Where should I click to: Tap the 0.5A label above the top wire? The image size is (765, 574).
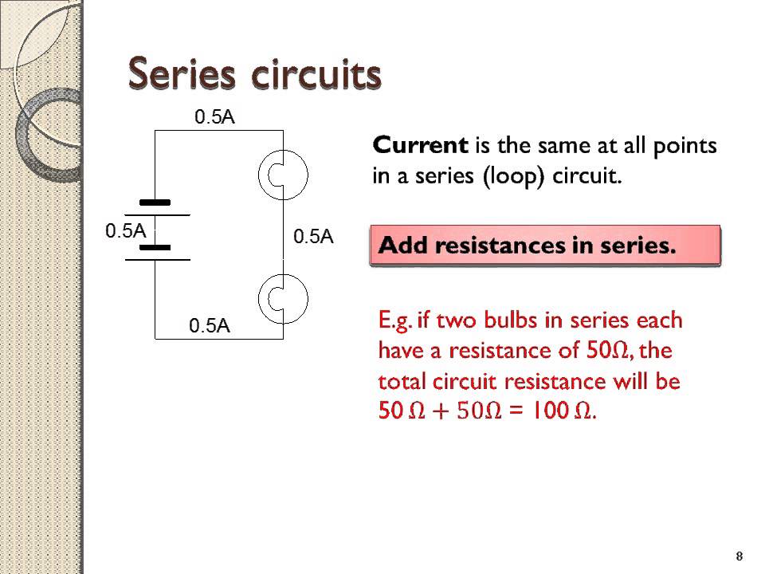pos(215,117)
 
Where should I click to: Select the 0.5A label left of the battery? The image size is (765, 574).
pos(126,231)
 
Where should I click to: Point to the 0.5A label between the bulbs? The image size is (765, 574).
pos(313,236)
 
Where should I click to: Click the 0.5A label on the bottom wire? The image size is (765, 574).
pos(210,325)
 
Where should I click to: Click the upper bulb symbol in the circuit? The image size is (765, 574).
pos(283,173)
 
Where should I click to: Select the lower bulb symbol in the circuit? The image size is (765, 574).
pos(283,297)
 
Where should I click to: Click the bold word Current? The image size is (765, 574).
pos(420,146)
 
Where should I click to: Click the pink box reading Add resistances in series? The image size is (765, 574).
pos(545,246)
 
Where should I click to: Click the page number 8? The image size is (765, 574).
pos(739,556)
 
